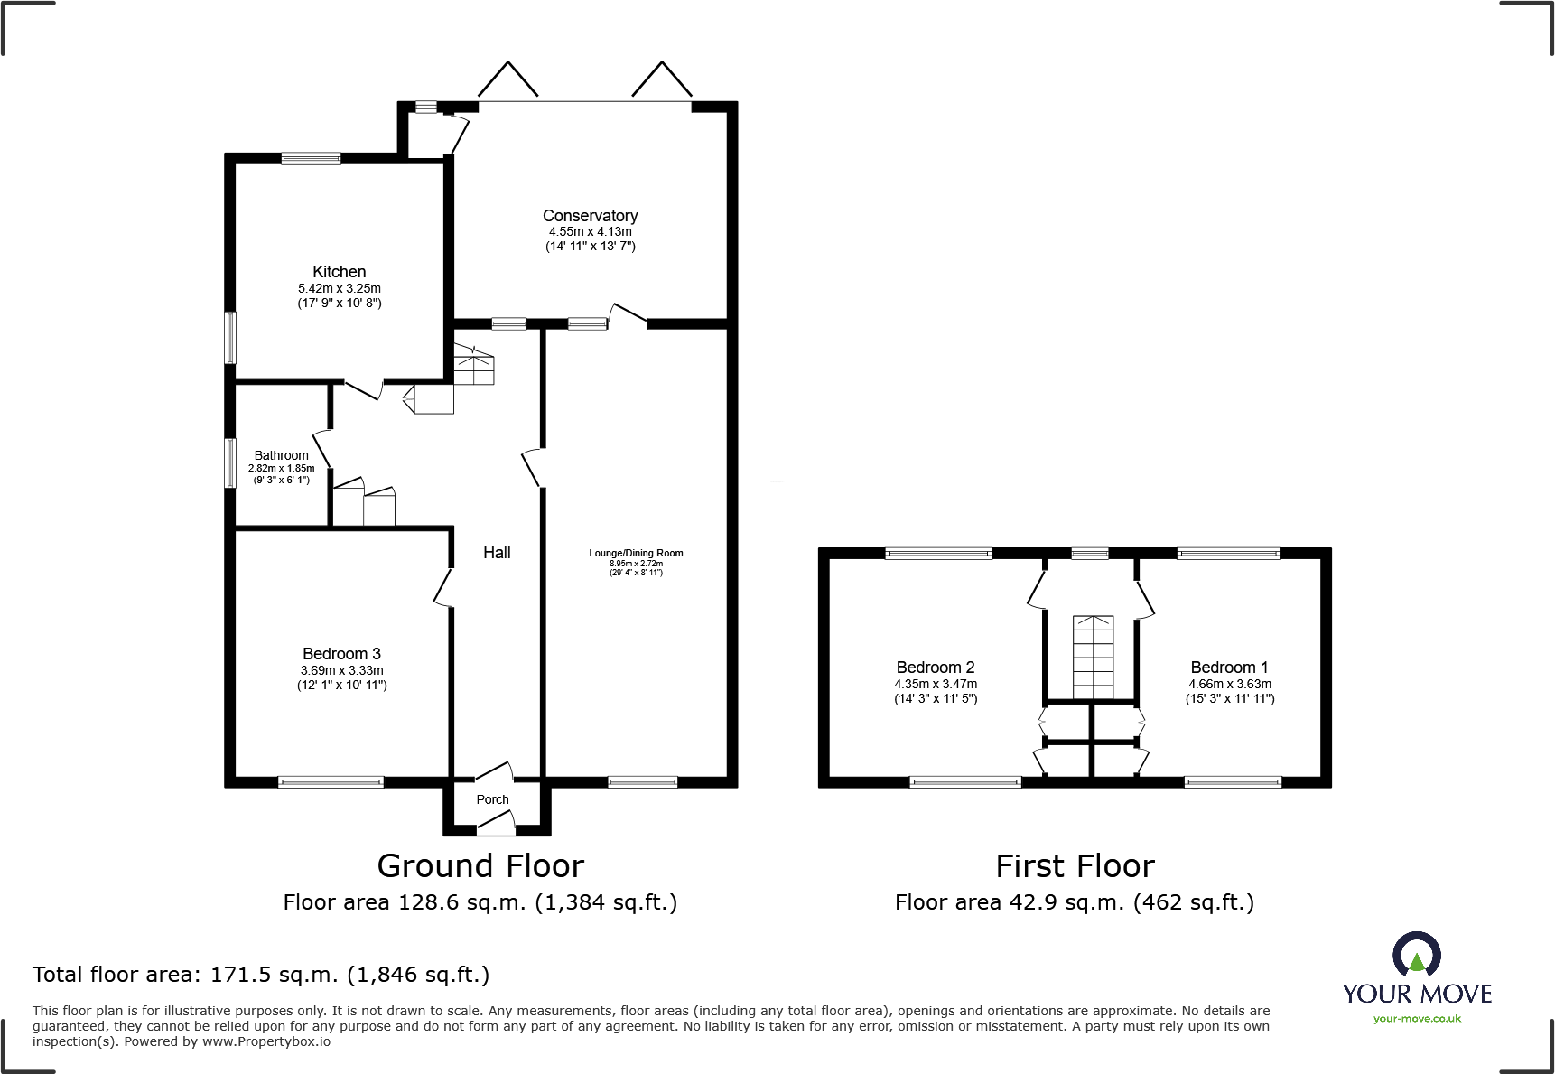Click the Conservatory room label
coord(590,216)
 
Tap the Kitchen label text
coord(340,272)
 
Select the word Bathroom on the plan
coord(281,456)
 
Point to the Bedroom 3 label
coord(341,654)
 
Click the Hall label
coord(497,553)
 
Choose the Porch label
coord(492,799)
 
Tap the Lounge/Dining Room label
coord(636,553)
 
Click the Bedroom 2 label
coord(936,668)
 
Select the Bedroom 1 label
coord(1229,668)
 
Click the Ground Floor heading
coord(480,866)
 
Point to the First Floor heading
coord(1075,866)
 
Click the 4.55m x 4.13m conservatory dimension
coord(591,231)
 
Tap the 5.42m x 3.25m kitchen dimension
coord(340,288)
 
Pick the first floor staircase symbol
coord(1093,657)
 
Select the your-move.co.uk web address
coord(1417,1019)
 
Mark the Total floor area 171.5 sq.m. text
coord(261,975)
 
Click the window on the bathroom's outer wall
coord(230,463)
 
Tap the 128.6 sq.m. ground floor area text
coord(462,902)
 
